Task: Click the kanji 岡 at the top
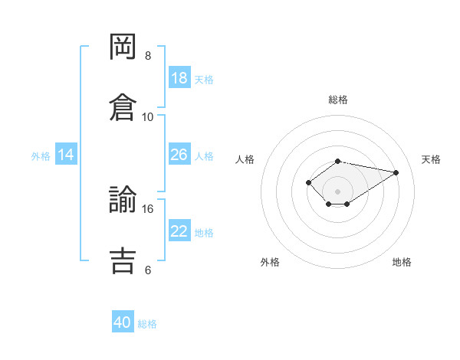pos(123,47)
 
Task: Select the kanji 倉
pos(123,107)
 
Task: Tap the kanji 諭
pos(123,199)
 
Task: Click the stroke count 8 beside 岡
pos(148,56)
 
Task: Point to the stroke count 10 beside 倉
pos(147,117)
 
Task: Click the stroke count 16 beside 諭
pos(147,209)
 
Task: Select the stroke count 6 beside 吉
pos(148,270)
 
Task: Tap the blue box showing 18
pos(179,77)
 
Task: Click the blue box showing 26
pos(179,154)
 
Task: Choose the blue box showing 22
pos(179,230)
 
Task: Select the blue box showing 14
pos(66,154)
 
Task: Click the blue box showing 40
pos(123,321)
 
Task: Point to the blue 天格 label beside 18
pos(204,80)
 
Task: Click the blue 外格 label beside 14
pos(41,156)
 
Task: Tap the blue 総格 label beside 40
pos(147,324)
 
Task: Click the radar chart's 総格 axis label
pos(338,100)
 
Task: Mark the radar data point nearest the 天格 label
pos(396,172)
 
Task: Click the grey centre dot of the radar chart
pos(337,191)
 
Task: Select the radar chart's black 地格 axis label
pos(402,262)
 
